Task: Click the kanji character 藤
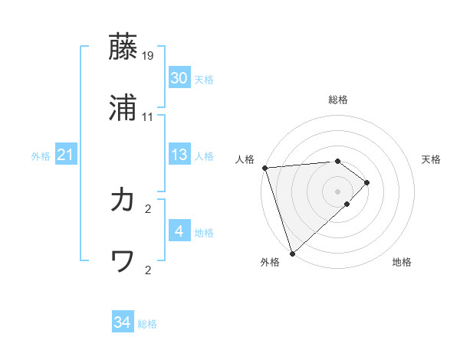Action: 123,47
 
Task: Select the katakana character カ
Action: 123,200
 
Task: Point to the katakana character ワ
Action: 123,261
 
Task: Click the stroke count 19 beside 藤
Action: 148,56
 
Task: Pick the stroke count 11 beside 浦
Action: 148,117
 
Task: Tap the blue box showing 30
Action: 179,78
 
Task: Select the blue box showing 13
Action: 179,155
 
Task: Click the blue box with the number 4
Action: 179,231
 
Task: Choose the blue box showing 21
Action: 65,155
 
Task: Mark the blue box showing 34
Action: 123,322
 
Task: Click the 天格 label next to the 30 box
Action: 204,80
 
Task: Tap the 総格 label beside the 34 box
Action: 147,324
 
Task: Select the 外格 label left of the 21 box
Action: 41,156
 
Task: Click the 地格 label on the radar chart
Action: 402,263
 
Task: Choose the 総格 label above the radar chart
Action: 338,100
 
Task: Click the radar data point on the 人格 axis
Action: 264,168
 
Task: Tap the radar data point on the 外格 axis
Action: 292,253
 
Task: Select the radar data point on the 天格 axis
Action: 367,182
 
